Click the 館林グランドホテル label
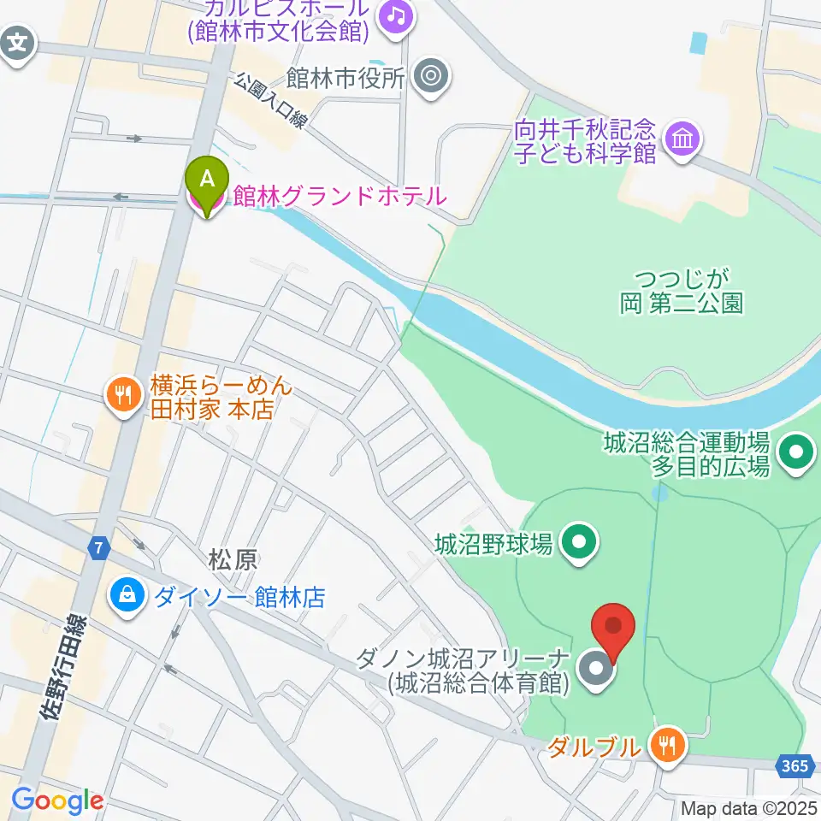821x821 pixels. point(339,196)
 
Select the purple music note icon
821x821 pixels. point(394,15)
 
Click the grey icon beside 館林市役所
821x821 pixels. point(430,78)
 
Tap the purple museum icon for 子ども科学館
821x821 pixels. point(682,138)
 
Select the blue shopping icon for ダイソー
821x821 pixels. point(127,596)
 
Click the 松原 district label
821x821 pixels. point(231,560)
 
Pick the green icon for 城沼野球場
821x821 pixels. point(580,542)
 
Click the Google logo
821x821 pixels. point(57,800)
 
